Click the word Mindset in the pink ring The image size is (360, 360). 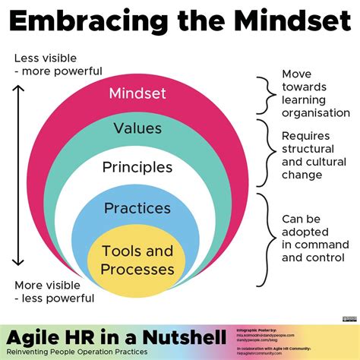(137, 94)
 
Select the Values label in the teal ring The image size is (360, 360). (137, 128)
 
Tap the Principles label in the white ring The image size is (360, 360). (137, 166)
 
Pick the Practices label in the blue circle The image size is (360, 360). (137, 207)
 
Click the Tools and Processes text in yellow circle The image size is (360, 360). (137, 259)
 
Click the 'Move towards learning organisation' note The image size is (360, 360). (311, 93)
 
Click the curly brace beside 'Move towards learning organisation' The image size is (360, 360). (264, 93)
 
